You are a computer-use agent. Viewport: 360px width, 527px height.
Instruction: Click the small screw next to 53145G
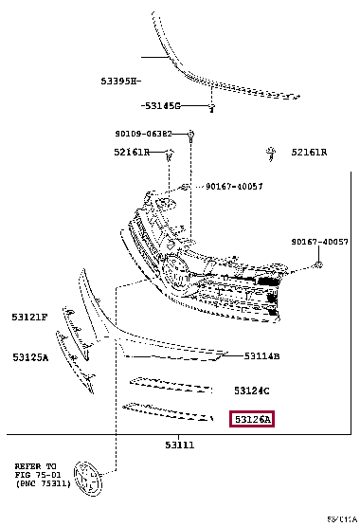[x=212, y=106]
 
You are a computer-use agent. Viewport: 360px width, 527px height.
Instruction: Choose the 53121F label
[x=29, y=317]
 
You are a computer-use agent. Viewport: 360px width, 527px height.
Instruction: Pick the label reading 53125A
[x=30, y=357]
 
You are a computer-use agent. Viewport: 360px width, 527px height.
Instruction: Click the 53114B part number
[x=261, y=355]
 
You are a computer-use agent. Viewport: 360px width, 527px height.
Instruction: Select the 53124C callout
[x=252, y=391]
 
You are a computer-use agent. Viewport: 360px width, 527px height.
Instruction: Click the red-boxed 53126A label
[x=252, y=418]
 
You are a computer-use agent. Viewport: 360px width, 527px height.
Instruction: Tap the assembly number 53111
[x=180, y=443]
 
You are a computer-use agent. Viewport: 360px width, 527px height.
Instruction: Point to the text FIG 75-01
[x=35, y=474]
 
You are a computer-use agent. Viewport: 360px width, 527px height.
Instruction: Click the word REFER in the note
[x=28, y=465]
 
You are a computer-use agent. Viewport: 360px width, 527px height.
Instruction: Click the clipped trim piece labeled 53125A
[x=76, y=358]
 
